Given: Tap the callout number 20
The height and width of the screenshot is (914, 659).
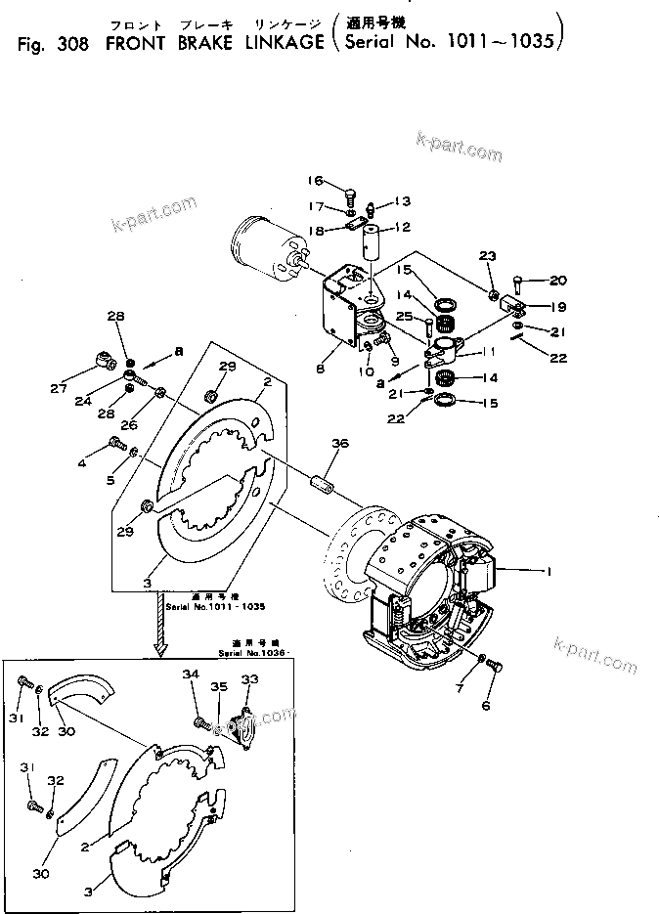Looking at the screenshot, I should click(x=557, y=280).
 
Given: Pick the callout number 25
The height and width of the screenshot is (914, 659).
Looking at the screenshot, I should click(x=404, y=316).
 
